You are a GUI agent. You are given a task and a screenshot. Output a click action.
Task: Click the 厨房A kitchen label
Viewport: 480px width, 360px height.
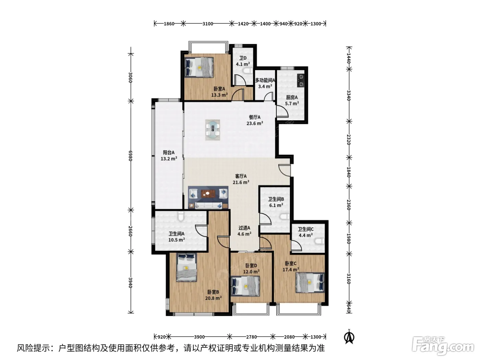tap(292, 97)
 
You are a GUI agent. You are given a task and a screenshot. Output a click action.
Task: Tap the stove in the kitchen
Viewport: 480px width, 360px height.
tap(301, 81)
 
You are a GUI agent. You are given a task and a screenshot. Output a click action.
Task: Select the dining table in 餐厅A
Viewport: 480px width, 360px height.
tap(213, 130)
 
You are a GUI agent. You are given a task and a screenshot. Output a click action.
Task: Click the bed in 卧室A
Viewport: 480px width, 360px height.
tap(199, 67)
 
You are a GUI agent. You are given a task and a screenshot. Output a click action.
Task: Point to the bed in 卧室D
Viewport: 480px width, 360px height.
tap(245, 286)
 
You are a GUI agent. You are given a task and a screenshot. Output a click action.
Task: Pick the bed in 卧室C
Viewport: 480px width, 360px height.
tap(310, 283)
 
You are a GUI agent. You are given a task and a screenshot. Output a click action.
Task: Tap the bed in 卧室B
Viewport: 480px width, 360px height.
tap(187, 267)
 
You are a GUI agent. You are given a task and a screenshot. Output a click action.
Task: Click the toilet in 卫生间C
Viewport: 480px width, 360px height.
tap(320, 241)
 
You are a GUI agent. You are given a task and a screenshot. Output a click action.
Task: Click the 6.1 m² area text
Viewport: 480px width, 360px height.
tap(276, 205)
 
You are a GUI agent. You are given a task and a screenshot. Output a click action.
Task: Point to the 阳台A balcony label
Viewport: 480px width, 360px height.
tap(169, 152)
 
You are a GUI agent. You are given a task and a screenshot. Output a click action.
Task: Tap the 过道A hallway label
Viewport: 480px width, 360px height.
tap(244, 228)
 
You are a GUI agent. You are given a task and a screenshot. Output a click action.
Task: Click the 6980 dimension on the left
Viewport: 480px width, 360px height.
tap(130, 156)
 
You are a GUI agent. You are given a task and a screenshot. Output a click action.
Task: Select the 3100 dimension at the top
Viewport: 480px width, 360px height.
tap(207, 24)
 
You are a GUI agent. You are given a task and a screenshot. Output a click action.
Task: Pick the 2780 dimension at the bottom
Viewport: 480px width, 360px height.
tap(251, 337)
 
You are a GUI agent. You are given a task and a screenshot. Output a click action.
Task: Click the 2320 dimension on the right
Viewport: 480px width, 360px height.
tap(349, 139)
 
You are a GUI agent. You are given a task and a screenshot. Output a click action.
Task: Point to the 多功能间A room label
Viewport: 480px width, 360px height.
tap(265, 80)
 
